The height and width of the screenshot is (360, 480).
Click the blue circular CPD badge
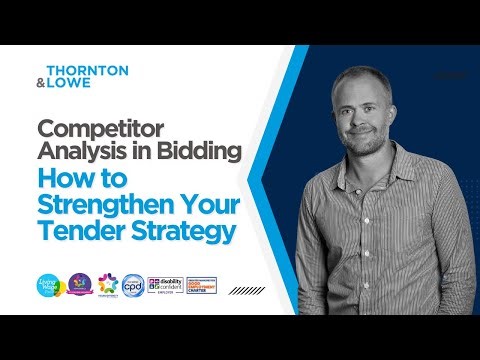(130, 286)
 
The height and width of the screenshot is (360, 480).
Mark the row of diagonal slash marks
(247, 290)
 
